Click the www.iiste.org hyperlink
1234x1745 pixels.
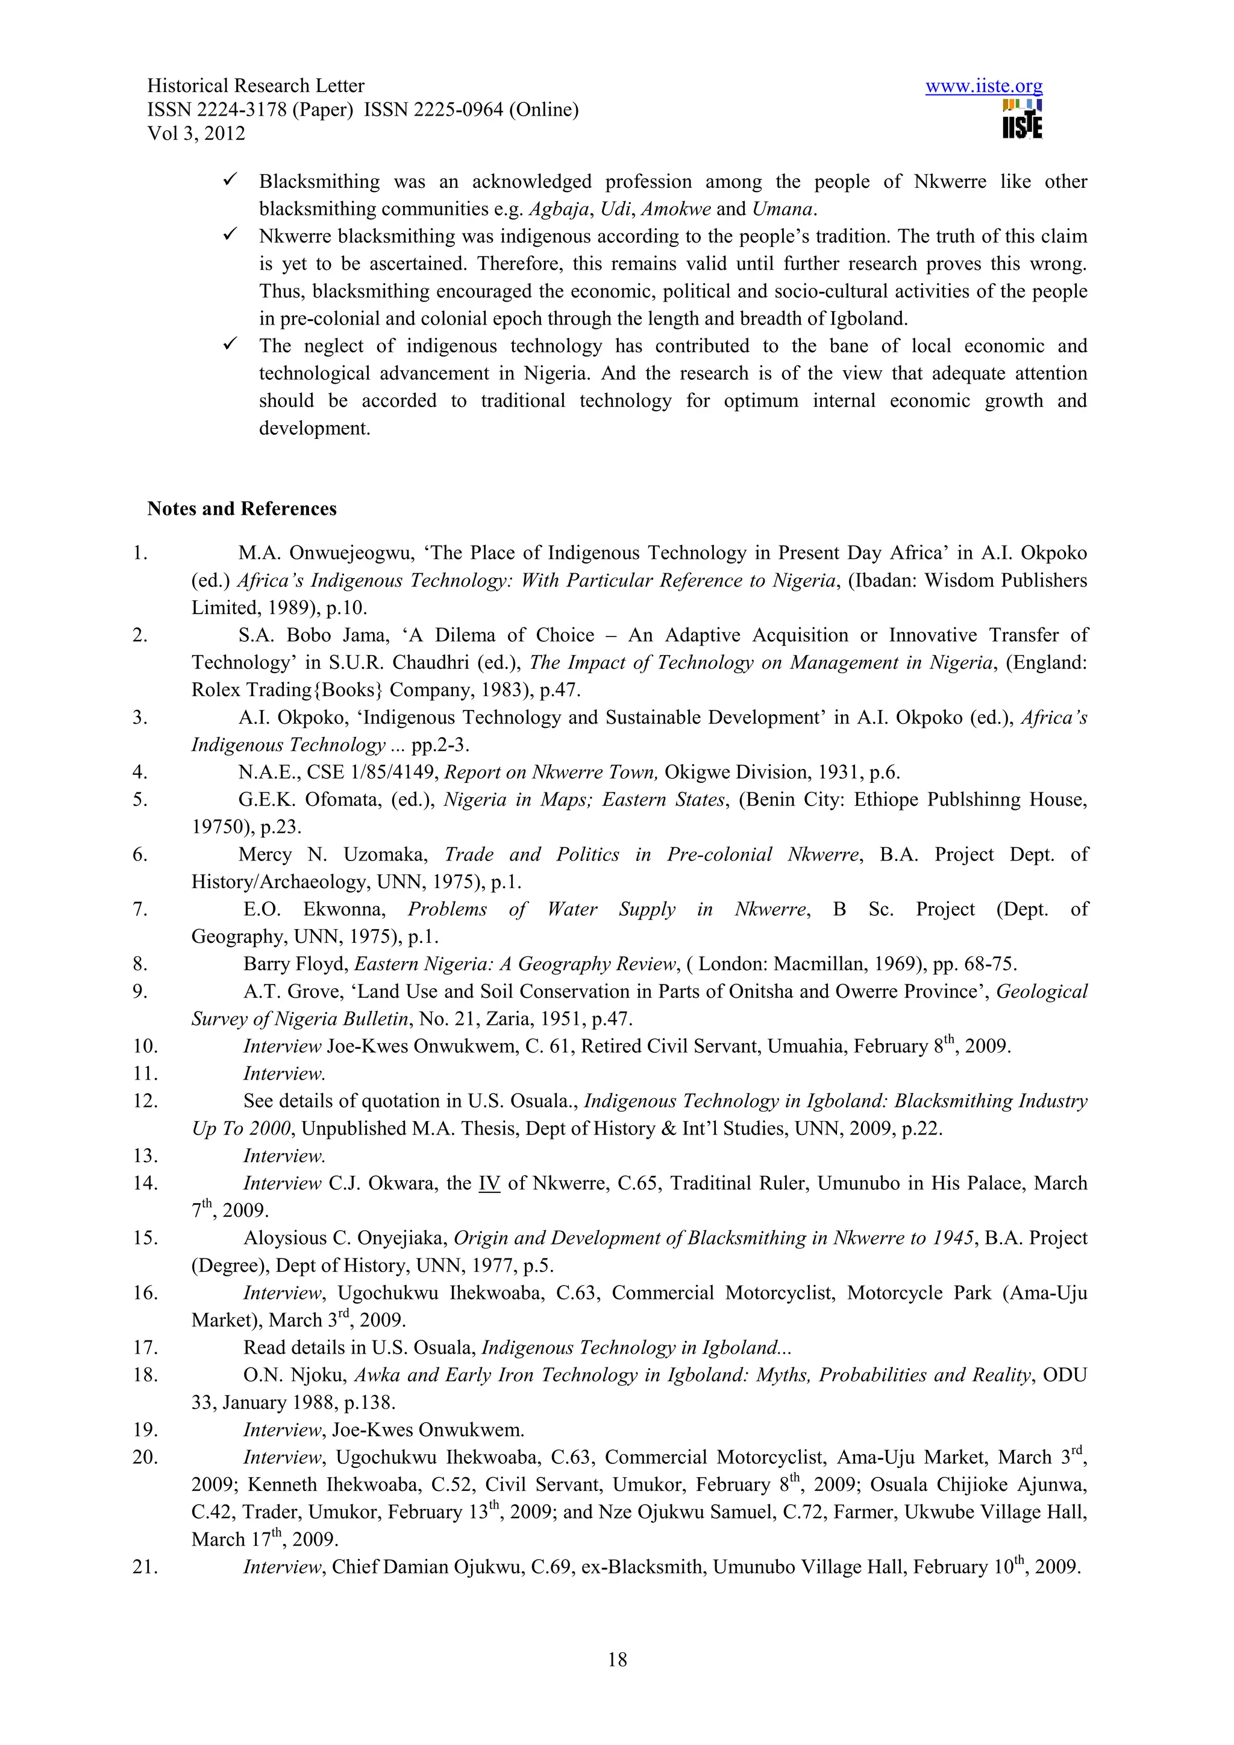tap(983, 86)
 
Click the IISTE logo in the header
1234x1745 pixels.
tap(1022, 120)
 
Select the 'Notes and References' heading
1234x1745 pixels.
tap(242, 508)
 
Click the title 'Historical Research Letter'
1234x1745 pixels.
tap(255, 86)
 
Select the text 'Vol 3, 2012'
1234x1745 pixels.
tap(196, 134)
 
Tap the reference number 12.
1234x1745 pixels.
tap(145, 1101)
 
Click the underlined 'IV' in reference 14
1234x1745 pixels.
tap(489, 1183)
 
